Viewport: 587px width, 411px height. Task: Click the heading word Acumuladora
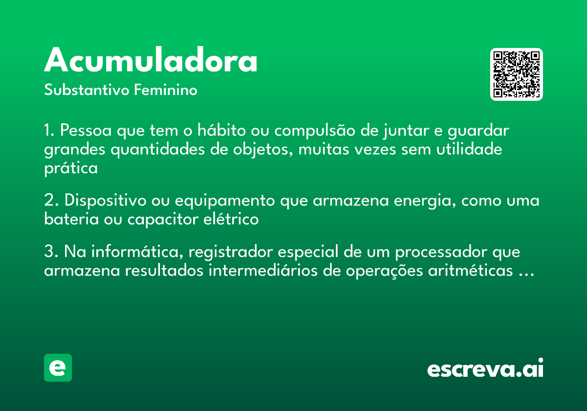point(151,61)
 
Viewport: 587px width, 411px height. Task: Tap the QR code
point(517,74)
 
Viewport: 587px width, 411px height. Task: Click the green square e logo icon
point(58,367)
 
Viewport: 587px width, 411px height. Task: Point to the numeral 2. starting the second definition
point(51,201)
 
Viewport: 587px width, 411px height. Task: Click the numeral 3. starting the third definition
point(51,252)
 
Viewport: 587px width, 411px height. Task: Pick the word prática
point(71,168)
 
